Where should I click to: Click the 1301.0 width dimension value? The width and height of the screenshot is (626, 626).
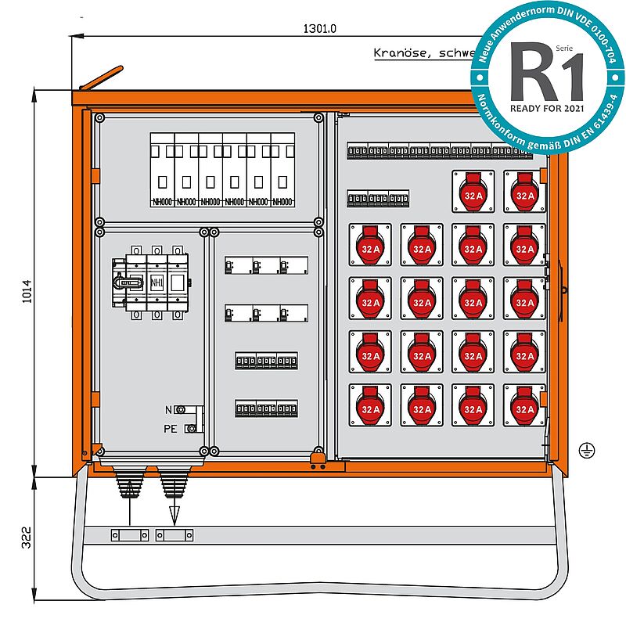pyautogui.click(x=319, y=29)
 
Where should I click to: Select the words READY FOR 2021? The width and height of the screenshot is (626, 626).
pyautogui.click(x=548, y=107)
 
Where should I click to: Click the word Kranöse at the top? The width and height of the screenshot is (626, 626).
pyautogui.click(x=399, y=54)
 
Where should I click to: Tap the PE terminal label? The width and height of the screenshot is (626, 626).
pyautogui.click(x=170, y=428)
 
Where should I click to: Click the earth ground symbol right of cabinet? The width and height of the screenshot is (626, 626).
pyautogui.click(x=583, y=448)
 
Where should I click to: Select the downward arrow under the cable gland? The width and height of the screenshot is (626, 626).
pyautogui.click(x=174, y=514)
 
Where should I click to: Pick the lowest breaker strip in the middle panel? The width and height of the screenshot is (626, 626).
pyautogui.click(x=266, y=408)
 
